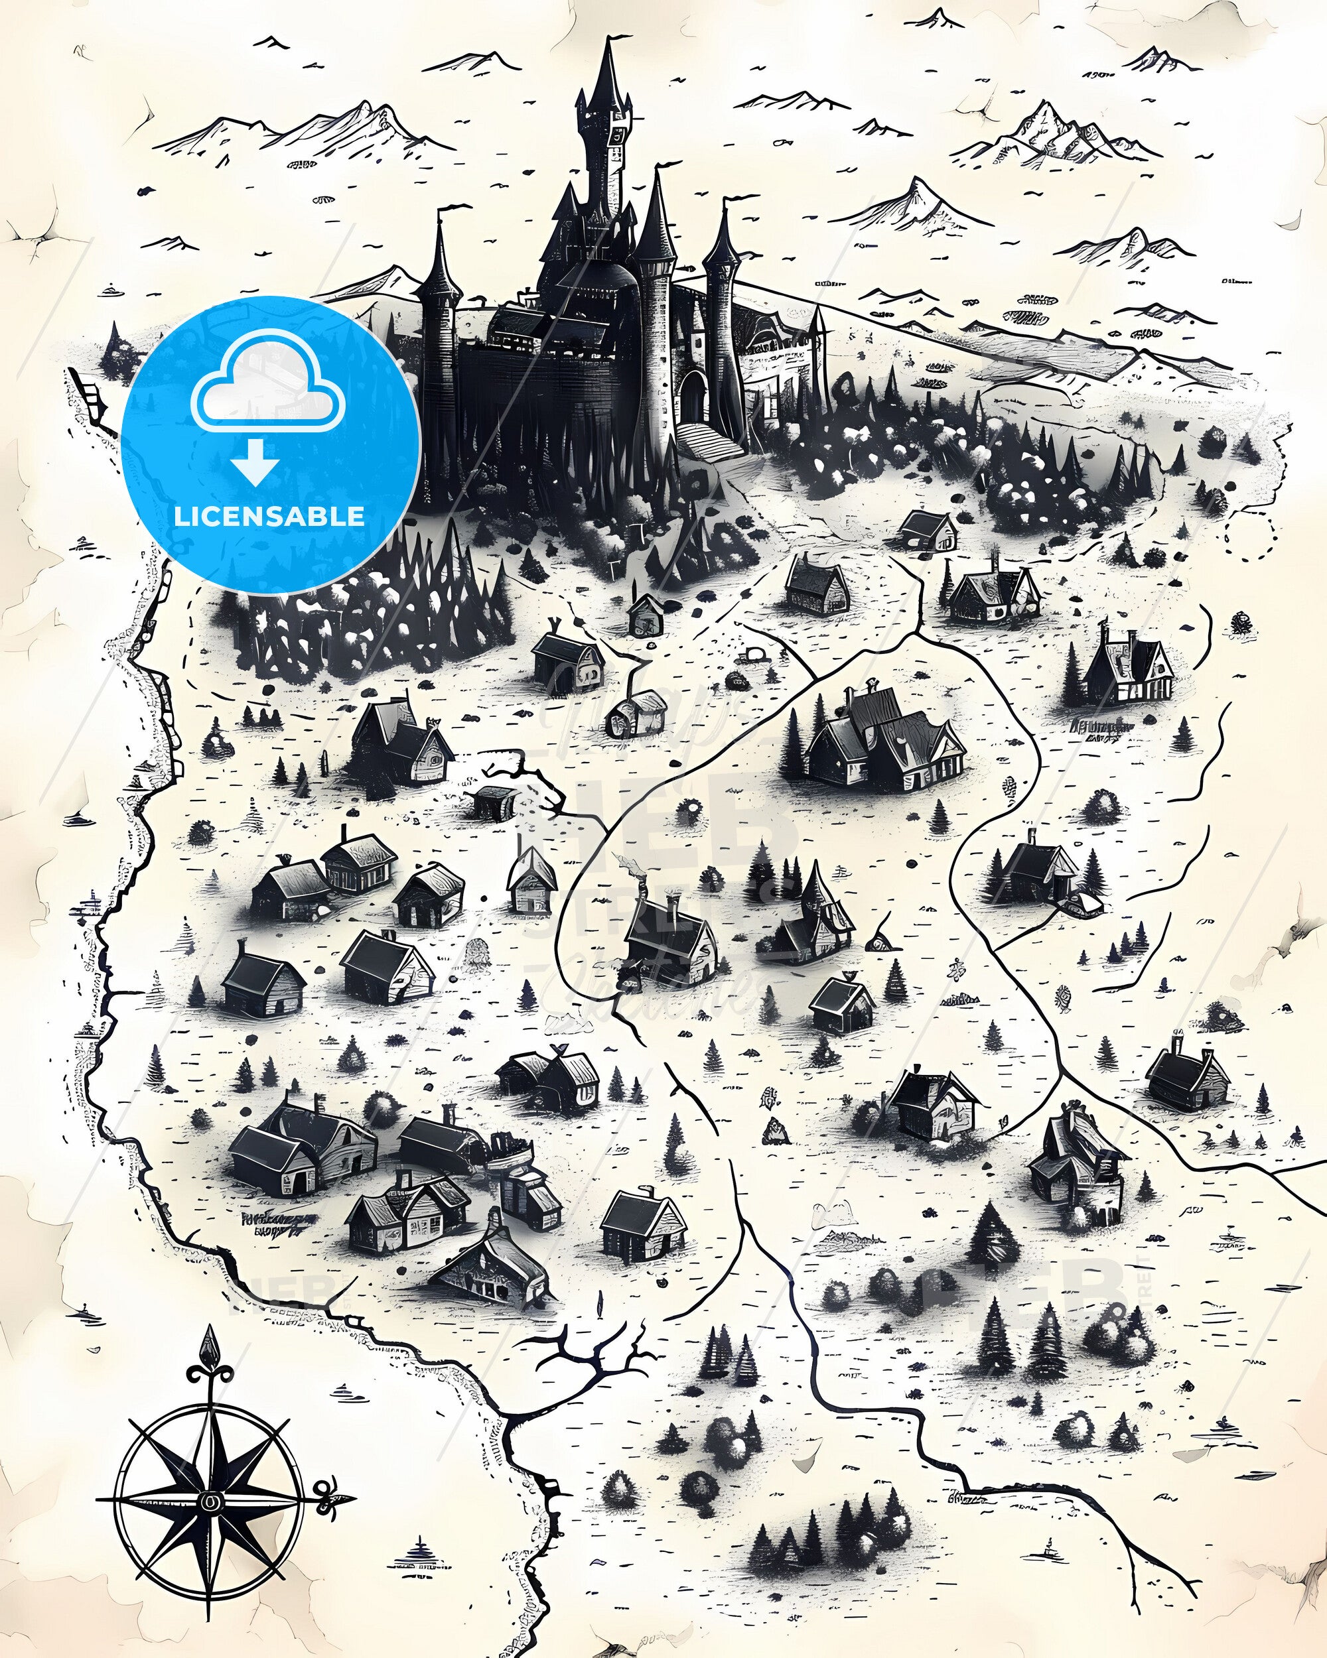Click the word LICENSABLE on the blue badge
pyautogui.click(x=269, y=516)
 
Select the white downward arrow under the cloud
pyautogui.click(x=256, y=464)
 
